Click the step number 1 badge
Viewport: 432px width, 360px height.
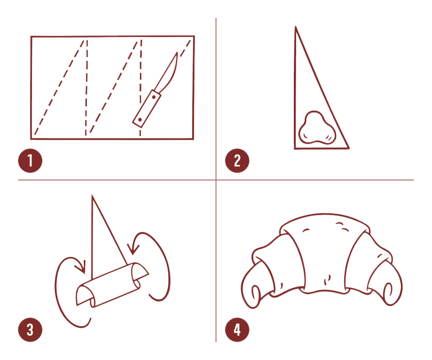click(30, 161)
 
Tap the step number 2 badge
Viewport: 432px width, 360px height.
click(237, 161)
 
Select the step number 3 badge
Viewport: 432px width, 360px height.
click(30, 330)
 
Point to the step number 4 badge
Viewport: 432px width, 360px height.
click(237, 330)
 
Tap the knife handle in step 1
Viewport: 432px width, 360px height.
click(146, 109)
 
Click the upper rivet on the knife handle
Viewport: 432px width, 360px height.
click(154, 97)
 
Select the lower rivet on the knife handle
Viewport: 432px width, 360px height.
click(140, 120)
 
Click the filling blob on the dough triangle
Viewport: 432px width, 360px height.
click(317, 128)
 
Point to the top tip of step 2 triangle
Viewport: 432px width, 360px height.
click(296, 27)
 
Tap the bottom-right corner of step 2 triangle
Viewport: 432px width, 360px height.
click(349, 148)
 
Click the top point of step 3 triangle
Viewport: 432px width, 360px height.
click(92, 196)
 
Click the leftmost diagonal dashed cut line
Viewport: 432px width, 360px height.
click(59, 87)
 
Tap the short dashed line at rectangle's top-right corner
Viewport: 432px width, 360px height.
click(185, 49)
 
